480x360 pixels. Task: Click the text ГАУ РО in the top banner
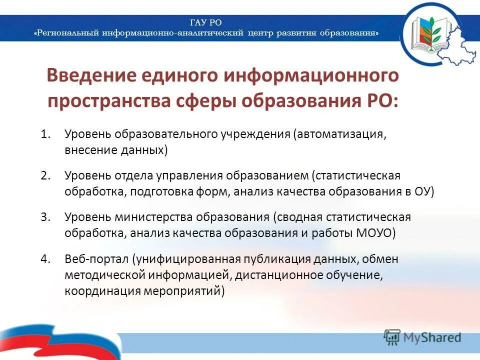pos(206,22)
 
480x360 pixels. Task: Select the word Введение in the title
pos(91,77)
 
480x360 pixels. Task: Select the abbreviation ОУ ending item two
pos(420,192)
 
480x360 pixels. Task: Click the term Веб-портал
pos(96,259)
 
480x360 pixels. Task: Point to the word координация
pos(96,290)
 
